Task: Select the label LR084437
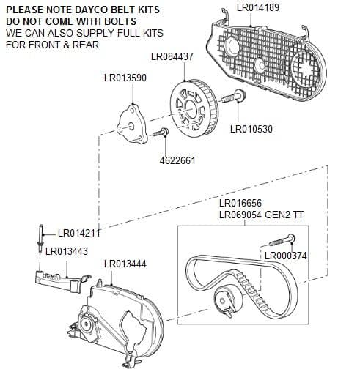tap(172, 56)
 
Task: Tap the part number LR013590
tap(127, 78)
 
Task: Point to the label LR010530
tap(251, 130)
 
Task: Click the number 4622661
tap(177, 160)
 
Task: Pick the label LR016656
tap(240, 203)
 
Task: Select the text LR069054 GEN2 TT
tap(260, 215)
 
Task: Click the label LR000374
tap(285, 256)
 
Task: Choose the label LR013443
tap(66, 251)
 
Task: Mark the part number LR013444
tap(125, 263)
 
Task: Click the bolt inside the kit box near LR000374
tap(282, 241)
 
